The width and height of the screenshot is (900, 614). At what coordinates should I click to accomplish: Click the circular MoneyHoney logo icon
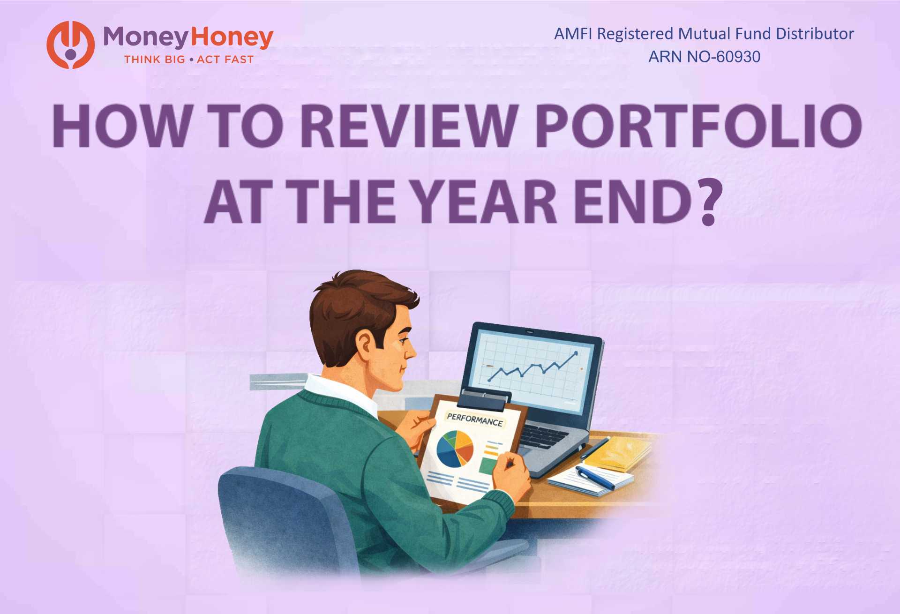click(70, 45)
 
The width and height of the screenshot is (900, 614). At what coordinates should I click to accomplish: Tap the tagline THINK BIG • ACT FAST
click(188, 60)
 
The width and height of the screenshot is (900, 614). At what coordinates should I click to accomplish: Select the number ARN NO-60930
click(704, 57)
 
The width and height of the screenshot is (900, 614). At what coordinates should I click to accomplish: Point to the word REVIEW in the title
click(410, 126)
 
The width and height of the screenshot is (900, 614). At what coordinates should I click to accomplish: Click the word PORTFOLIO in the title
click(698, 126)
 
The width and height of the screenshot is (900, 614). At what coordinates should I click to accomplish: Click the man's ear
click(365, 343)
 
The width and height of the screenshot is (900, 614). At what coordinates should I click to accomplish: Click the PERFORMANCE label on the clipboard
click(474, 419)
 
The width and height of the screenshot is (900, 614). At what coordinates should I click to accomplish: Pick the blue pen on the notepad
click(594, 476)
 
